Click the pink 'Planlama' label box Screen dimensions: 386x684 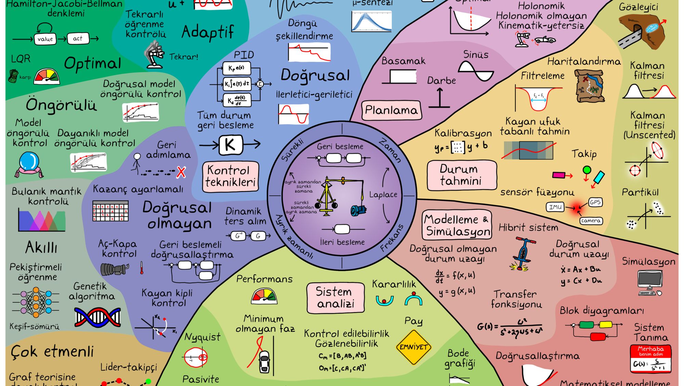pos(391,110)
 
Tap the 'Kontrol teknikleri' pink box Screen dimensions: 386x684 pos(231,176)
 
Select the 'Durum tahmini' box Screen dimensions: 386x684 pos(461,175)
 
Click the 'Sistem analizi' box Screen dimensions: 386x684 pos(336,298)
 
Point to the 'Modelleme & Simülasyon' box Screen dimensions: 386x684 pos(457,225)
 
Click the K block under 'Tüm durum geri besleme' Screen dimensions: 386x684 pos(231,145)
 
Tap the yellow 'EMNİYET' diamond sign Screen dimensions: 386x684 pos(413,347)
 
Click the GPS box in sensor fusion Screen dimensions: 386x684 pos(595,202)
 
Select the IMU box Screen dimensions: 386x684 pos(555,207)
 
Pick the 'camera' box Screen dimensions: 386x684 pos(591,221)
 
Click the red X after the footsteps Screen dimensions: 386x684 pos(181,172)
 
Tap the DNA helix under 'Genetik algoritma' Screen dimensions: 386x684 pos(97,317)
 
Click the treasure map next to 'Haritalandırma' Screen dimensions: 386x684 pos(589,86)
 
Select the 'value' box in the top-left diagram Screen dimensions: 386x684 pos(45,39)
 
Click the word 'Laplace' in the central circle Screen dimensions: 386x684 pos(383,195)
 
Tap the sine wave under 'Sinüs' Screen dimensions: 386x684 pos(476,71)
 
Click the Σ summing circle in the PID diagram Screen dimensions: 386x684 pos(260,84)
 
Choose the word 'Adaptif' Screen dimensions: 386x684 pos(208,32)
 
